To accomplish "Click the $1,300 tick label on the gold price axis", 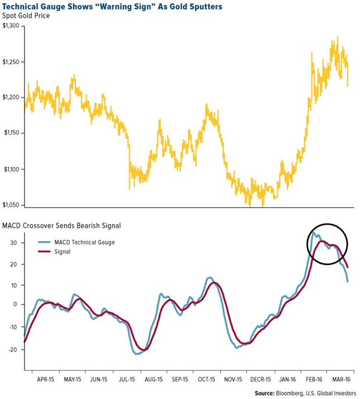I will (x=12, y=26).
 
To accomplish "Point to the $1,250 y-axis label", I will (x=12, y=62).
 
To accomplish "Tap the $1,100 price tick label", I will (x=12, y=169).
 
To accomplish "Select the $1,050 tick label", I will (x=12, y=205).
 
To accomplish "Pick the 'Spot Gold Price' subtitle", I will (x=27, y=16).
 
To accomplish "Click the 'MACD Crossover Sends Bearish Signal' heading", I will (x=61, y=226).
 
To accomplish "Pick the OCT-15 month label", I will (x=207, y=378).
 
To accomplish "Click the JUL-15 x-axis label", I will (x=126, y=378).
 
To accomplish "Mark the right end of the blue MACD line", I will (x=348, y=281).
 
